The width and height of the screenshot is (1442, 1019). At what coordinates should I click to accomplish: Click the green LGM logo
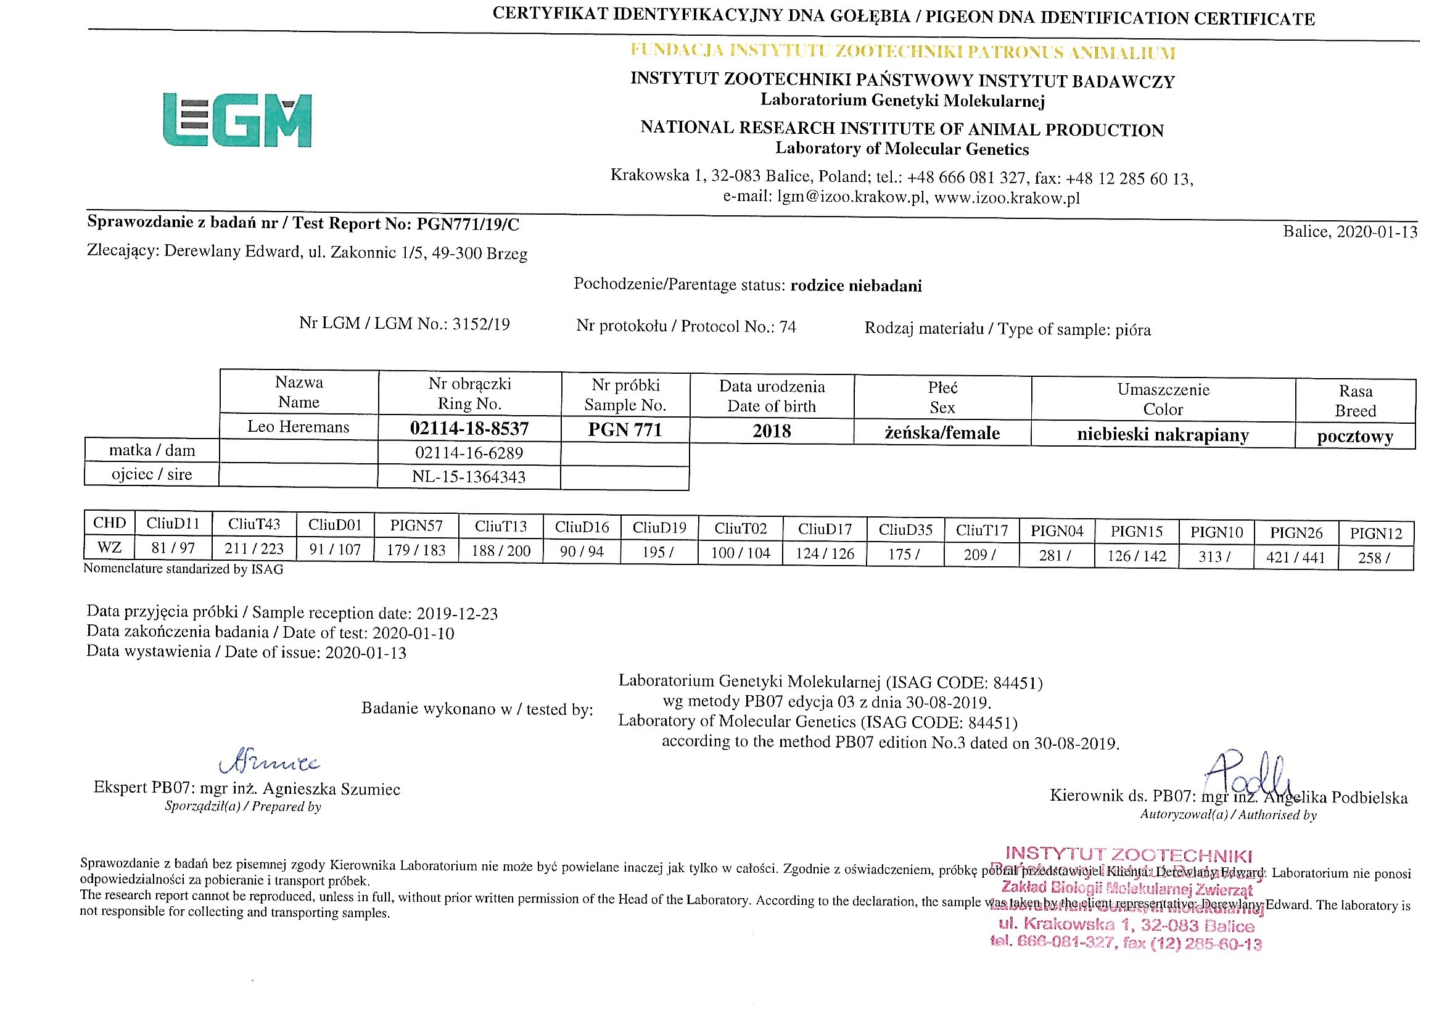[237, 120]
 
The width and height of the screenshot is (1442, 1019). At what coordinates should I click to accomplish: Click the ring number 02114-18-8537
[469, 429]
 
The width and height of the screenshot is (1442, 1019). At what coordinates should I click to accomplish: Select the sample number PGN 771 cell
[625, 430]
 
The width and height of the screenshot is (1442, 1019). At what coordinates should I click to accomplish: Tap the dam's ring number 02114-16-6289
[469, 453]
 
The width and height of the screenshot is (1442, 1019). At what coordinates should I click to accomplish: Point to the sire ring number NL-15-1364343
[469, 477]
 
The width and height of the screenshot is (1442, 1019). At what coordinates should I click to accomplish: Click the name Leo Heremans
[299, 427]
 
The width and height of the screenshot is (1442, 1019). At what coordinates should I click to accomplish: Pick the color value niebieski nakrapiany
[1163, 435]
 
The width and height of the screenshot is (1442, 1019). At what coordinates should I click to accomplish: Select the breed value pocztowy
[1354, 437]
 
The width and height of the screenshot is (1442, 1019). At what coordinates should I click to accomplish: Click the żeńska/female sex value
[942, 433]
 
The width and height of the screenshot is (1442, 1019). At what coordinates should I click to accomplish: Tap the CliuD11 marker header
[173, 523]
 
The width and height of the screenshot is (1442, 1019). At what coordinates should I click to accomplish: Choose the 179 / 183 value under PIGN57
[416, 550]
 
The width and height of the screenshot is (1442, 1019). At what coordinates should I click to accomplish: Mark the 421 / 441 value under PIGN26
[1296, 557]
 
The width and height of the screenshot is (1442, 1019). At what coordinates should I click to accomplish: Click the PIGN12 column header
[1375, 534]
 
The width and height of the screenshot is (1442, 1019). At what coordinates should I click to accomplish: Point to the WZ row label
[109, 547]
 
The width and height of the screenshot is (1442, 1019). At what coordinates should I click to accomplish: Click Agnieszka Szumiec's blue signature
[269, 762]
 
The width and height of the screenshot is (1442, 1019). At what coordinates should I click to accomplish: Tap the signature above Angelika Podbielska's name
[1246, 774]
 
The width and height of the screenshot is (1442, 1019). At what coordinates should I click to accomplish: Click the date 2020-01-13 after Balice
[1377, 232]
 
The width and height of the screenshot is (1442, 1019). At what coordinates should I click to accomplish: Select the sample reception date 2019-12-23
[456, 614]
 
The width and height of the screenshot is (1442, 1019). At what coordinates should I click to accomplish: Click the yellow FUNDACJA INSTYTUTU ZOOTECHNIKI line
[902, 52]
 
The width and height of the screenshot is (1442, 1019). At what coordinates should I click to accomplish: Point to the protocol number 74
[787, 327]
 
